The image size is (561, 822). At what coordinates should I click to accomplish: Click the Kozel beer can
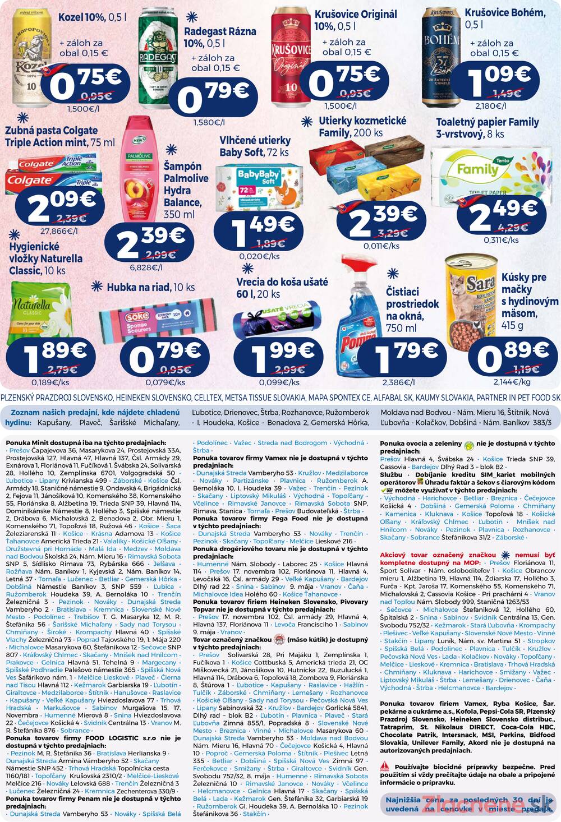[x=27, y=56]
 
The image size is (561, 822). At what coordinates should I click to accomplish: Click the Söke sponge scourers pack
[x=147, y=323]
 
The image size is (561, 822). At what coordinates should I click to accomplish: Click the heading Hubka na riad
[x=151, y=288]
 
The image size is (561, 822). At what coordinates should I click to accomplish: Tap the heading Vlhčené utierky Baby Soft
[x=255, y=146]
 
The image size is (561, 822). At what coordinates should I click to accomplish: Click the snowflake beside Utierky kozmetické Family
[x=306, y=122]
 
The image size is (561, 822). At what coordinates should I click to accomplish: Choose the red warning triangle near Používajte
[x=384, y=766]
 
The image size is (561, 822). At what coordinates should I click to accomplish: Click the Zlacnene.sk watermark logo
[x=482, y=804]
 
